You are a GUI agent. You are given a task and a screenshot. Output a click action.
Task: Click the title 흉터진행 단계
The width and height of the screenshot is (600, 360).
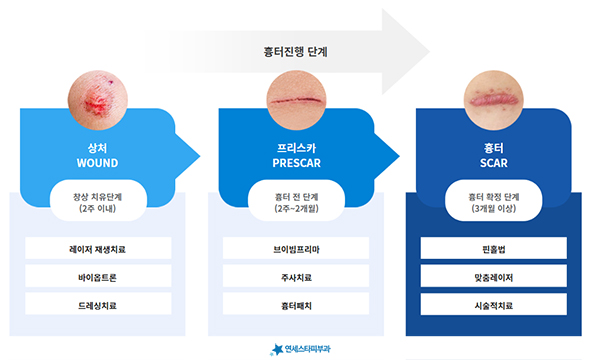point(295,52)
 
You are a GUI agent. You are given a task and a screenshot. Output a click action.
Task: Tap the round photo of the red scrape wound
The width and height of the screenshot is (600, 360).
point(98,100)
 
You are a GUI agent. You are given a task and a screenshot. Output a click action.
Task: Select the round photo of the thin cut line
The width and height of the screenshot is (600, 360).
point(296,100)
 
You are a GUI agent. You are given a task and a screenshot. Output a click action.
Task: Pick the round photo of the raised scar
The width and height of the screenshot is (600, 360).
point(494,100)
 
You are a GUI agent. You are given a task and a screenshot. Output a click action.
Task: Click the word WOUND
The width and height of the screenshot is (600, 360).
point(98,163)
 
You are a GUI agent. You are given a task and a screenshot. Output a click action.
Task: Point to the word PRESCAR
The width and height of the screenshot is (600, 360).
point(297,163)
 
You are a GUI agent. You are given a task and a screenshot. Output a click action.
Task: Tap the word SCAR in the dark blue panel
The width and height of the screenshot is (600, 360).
point(494,163)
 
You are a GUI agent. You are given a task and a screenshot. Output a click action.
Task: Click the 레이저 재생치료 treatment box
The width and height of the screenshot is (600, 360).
point(98,248)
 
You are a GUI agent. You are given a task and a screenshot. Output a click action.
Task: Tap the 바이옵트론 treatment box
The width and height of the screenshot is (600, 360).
point(98,276)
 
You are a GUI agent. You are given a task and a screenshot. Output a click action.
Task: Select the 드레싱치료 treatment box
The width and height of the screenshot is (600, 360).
point(98,304)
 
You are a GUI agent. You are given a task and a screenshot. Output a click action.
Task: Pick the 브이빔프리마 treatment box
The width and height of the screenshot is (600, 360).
point(296,248)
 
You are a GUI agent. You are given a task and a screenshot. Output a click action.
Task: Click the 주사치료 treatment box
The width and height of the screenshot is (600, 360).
point(296,276)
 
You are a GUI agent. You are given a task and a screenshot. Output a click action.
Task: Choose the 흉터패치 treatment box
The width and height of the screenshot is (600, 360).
point(296,304)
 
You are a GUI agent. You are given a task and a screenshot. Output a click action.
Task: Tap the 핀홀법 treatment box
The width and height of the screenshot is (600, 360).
point(494,248)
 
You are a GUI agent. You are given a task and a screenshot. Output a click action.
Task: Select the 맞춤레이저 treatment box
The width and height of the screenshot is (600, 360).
point(494,276)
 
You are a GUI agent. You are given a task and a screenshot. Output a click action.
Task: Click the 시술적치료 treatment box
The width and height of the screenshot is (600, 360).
point(494,304)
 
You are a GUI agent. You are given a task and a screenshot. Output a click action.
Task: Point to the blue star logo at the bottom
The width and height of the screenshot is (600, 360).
point(277,349)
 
